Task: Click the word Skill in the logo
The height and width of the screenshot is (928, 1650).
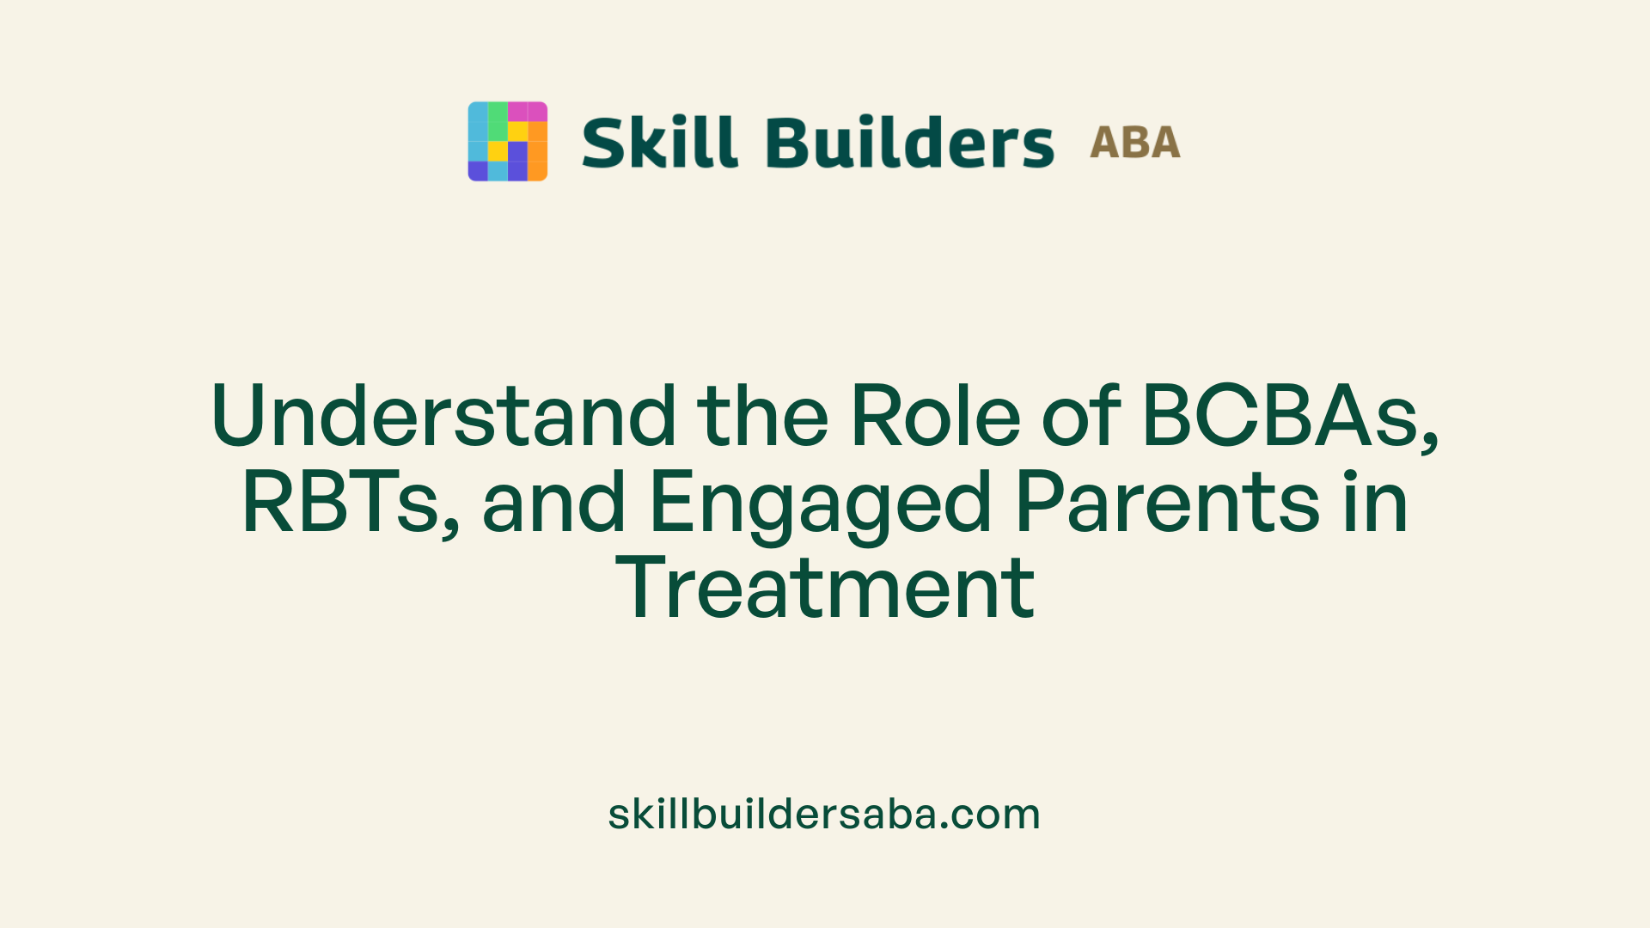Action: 659,143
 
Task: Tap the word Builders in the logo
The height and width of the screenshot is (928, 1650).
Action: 909,143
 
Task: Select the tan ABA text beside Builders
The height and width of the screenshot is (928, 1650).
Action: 1134,143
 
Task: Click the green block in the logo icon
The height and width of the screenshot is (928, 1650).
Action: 498,120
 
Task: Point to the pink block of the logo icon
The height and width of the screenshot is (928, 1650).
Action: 527,112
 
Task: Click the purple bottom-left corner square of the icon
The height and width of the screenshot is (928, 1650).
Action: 477,171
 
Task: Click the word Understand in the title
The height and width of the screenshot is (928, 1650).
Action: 443,417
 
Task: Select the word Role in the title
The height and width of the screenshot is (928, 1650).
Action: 935,417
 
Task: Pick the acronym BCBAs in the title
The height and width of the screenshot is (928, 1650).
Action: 1280,417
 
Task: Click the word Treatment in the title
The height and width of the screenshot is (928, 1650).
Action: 825,589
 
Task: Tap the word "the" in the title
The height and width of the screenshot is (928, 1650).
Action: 762,417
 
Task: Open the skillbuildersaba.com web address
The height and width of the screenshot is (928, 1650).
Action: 824,814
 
